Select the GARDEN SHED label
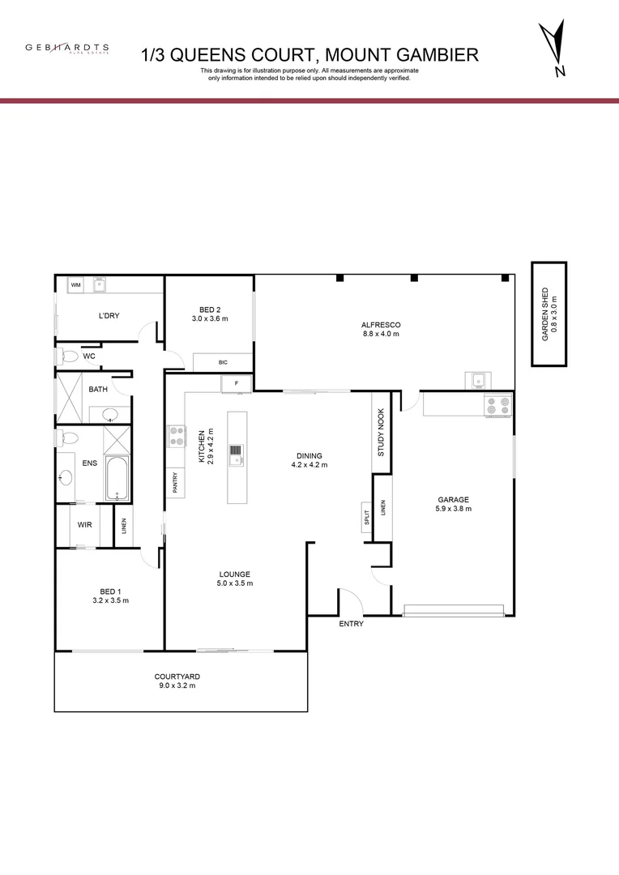point(549,314)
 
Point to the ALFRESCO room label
point(381,325)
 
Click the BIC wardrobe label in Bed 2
point(223,363)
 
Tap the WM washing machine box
point(75,285)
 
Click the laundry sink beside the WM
point(102,285)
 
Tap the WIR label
point(84,525)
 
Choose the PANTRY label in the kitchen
point(174,483)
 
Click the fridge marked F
point(237,382)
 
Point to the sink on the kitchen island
point(237,455)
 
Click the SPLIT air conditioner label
point(366,517)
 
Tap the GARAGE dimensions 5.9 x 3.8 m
point(453,510)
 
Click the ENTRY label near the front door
point(352,624)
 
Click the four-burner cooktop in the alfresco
point(497,403)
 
